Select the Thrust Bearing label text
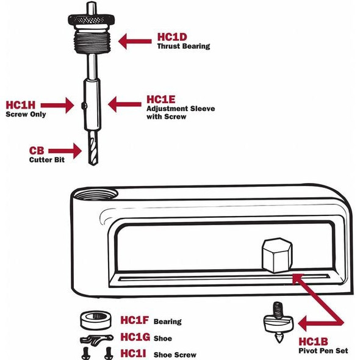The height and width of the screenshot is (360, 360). pos(183,46)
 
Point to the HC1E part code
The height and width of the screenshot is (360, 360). pos(162,98)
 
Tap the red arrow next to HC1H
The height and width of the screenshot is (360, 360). pos(60,105)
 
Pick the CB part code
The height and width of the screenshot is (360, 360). pos(37,150)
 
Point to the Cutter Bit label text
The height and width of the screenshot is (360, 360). pos(46,160)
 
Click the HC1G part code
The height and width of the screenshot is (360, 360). pos(135,337)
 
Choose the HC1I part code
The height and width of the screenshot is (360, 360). pos(134,353)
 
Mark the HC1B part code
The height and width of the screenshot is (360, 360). pos(314,342)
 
